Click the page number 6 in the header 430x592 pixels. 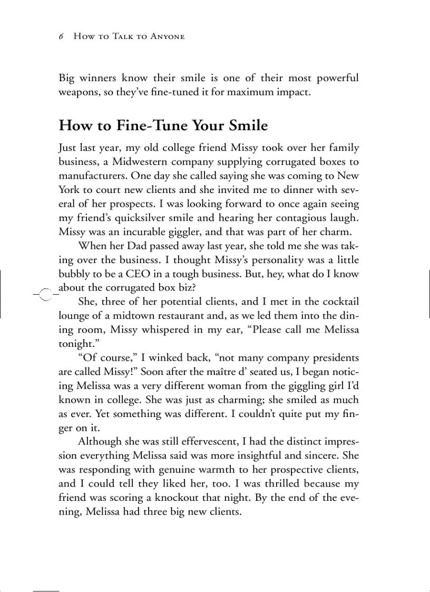coord(61,36)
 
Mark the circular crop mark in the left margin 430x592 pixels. coord(45,294)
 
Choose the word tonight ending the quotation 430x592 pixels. coord(76,343)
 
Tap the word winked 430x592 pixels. coord(169,358)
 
